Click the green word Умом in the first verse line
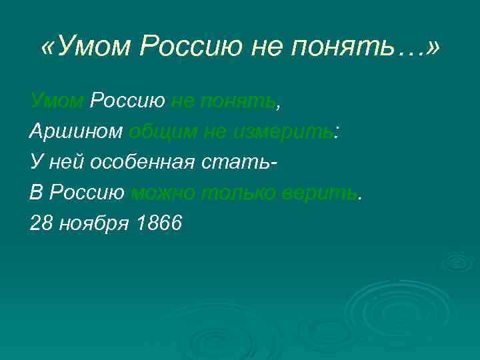tap(57, 101)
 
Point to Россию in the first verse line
tap(127, 101)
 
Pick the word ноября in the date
tap(93, 224)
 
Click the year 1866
tap(158, 224)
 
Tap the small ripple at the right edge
tap(458, 261)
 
